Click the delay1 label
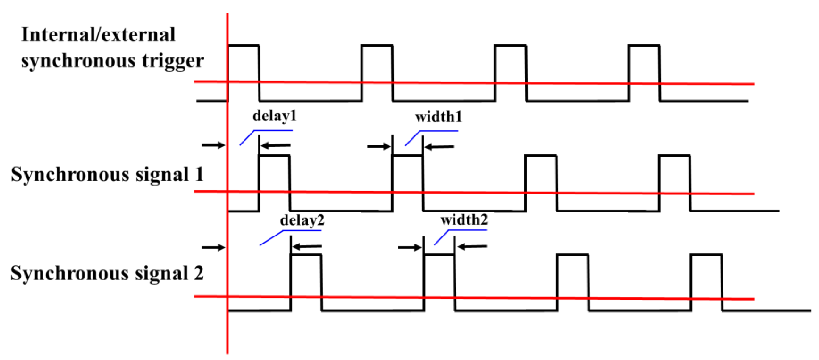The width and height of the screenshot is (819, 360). point(274,116)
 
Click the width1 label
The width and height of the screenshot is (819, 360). point(438,117)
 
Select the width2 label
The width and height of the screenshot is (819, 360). point(464,220)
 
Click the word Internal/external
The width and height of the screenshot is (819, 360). point(98,35)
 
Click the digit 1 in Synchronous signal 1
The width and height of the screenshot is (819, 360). point(199,174)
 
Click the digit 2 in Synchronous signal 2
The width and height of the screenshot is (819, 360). point(199,273)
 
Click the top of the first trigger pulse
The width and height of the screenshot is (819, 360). point(244,46)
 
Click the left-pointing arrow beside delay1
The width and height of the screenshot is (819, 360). point(275,146)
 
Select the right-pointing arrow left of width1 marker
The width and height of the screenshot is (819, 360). point(378,147)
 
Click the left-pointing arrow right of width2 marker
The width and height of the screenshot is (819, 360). point(472,247)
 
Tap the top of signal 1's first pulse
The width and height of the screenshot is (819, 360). point(274,155)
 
